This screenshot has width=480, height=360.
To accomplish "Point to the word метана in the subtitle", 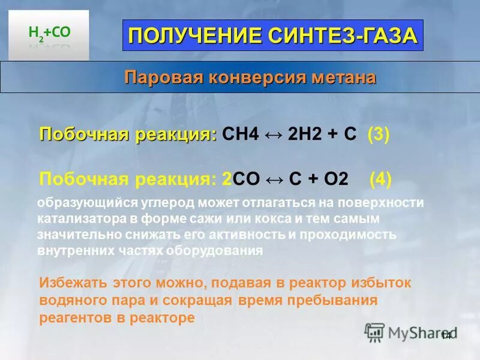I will click(x=344, y=77).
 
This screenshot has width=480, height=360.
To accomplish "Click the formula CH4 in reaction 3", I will click(x=240, y=134).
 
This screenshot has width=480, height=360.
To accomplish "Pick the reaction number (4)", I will click(x=380, y=179).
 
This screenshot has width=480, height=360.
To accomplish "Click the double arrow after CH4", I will click(x=273, y=134).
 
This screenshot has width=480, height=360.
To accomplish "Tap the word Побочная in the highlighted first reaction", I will click(x=82, y=134).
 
